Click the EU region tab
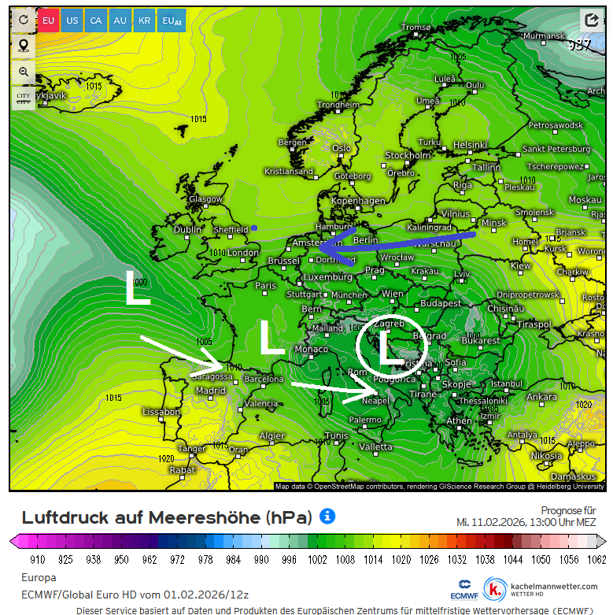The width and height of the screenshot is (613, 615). point(49,20)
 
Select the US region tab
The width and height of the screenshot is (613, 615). point(72,20)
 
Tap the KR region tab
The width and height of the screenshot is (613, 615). point(144,20)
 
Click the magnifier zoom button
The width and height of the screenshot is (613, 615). point(24,72)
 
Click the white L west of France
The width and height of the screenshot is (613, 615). point(138,288)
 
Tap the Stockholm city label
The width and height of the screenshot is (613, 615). point(408,156)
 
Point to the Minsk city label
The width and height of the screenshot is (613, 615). point(493,223)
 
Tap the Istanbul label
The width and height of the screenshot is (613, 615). point(506,383)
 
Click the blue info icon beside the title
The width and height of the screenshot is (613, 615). point(327,517)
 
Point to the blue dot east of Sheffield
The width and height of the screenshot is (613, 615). point(254,228)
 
